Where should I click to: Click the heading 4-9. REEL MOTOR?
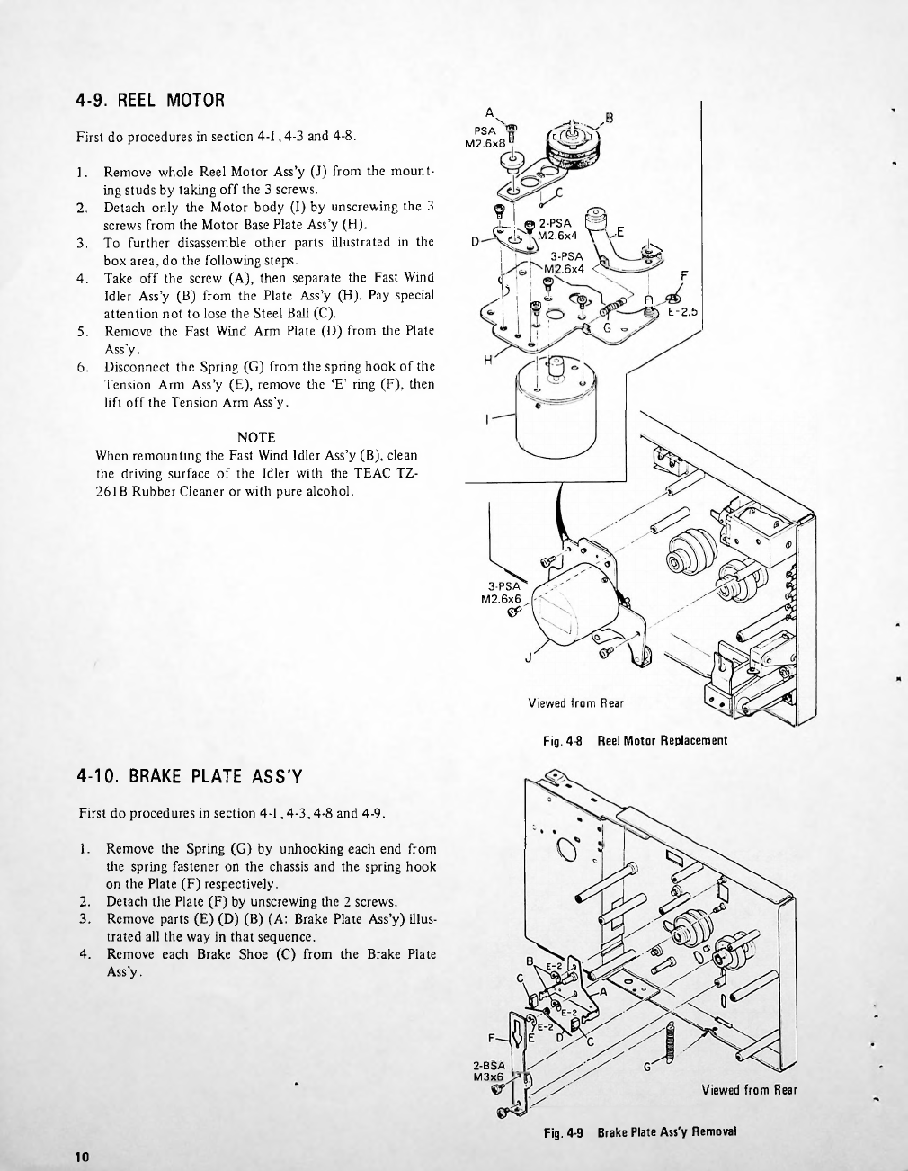(149, 100)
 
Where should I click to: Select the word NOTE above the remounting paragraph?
(256, 437)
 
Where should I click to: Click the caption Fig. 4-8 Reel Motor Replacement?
(635, 741)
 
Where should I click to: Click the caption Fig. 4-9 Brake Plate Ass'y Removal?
(640, 1131)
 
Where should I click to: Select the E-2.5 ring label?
(684, 313)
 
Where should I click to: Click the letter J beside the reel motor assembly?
(529, 657)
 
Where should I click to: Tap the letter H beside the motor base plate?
(488, 360)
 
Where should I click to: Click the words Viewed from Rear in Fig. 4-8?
(575, 702)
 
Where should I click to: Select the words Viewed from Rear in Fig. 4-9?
(749, 1090)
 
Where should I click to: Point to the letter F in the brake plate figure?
(504, 1034)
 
